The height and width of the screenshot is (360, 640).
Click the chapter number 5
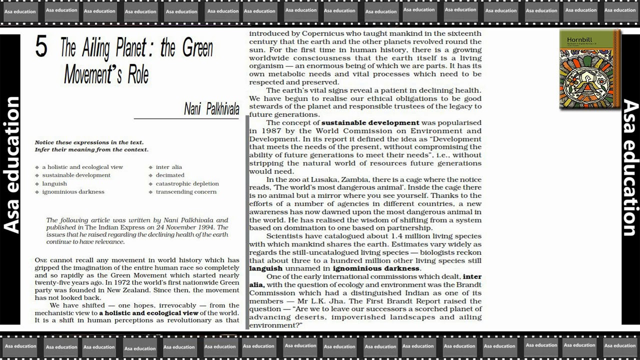coord(41,47)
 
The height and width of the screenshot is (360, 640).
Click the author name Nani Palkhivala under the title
coord(211,109)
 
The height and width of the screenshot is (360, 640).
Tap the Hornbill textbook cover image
coord(589,69)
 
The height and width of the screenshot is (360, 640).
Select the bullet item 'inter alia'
coord(168,167)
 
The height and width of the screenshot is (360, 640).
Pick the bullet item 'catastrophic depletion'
coord(187,183)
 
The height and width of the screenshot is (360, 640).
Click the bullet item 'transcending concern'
coord(186,191)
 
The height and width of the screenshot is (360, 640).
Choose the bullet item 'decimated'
coord(170,175)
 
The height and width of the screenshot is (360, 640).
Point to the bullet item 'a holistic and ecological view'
coord(82,167)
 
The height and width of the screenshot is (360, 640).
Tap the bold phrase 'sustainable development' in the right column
coord(370,122)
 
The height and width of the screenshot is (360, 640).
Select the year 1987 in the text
coord(260,131)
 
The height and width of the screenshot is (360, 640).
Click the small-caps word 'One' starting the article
coord(40,260)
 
